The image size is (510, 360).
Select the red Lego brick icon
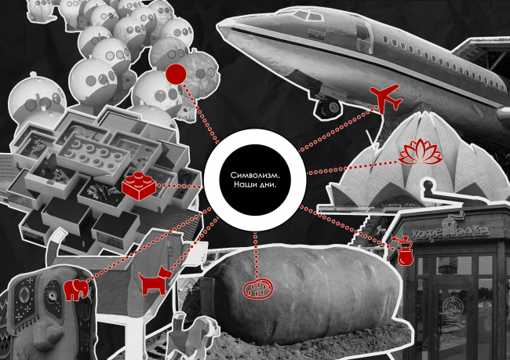tap(137, 185)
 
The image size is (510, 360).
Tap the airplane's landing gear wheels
tap(327, 105)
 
